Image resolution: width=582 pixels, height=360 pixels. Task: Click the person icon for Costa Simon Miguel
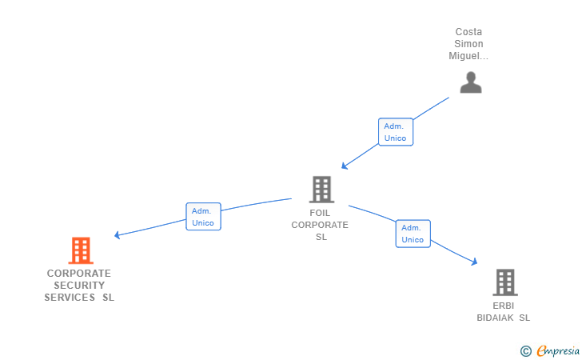[471, 82]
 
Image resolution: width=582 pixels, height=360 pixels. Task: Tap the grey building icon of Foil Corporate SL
[321, 190]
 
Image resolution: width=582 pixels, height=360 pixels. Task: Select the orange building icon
[81, 250]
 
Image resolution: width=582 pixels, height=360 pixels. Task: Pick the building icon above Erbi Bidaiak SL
[504, 282]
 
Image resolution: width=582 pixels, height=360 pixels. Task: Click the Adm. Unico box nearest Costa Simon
[395, 132]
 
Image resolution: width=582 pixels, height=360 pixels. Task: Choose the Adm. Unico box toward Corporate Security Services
[203, 217]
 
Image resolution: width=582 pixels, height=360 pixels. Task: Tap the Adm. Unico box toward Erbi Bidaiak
[413, 234]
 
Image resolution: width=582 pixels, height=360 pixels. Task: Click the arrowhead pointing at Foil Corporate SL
[345, 166]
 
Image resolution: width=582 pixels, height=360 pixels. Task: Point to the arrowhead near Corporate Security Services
[118, 235]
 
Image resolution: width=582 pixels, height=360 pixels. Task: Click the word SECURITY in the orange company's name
[79, 286]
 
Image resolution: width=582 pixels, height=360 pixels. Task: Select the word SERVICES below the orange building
[70, 298]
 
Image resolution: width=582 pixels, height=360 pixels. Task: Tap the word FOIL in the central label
[320, 214]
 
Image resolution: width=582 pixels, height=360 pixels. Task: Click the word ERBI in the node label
[504, 306]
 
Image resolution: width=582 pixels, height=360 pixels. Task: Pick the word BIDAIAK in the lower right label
[496, 318]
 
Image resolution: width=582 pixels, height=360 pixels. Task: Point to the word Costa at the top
[468, 33]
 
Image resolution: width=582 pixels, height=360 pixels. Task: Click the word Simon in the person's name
[468, 45]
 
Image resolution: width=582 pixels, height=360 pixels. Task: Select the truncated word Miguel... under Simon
[468, 57]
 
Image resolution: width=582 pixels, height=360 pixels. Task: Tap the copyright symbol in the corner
[525, 350]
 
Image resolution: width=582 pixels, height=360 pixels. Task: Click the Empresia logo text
[558, 350]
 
